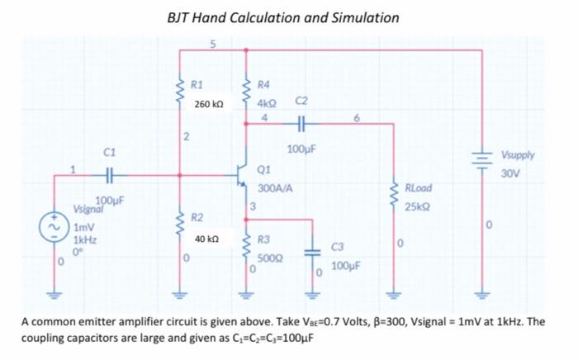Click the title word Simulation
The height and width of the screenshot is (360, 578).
[x=360, y=17]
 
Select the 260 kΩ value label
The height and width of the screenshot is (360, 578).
[x=208, y=105]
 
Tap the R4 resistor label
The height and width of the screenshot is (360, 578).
[x=263, y=84]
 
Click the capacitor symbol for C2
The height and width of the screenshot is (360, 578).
[x=301, y=124]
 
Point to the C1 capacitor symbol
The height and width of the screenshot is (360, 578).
[x=110, y=174]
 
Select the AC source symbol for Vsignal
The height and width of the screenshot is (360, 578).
[x=59, y=226]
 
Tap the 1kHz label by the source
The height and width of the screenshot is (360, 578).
[x=83, y=238]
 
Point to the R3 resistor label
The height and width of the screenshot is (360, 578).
[x=263, y=239]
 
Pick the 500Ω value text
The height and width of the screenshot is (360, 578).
[x=269, y=258]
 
